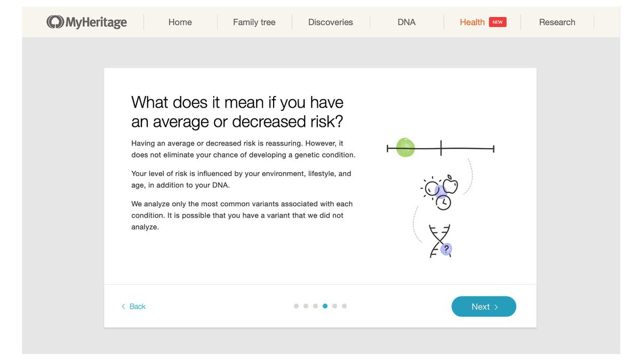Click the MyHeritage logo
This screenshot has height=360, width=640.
click(x=86, y=22)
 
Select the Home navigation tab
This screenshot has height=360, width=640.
click(x=180, y=22)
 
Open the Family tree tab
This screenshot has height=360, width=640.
click(x=254, y=22)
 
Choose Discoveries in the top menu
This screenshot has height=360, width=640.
click(x=330, y=22)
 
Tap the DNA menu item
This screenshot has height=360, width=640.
click(x=406, y=22)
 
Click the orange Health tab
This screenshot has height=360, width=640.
click(x=472, y=22)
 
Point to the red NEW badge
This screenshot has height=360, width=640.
click(x=498, y=22)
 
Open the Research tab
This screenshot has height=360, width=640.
click(x=557, y=22)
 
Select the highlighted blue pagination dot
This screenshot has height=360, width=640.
click(x=325, y=306)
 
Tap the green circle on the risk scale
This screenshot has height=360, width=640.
click(x=405, y=147)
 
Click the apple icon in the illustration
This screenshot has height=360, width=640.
click(x=450, y=185)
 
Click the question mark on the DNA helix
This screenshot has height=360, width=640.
click(x=446, y=249)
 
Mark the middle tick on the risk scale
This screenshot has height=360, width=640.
click(x=441, y=148)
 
